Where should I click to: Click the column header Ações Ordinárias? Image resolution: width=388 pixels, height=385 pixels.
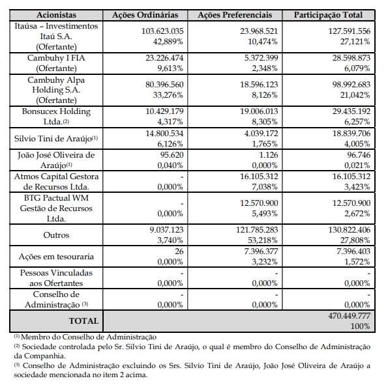[x=145, y=15]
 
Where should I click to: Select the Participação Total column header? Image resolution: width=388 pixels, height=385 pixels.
[x=329, y=15]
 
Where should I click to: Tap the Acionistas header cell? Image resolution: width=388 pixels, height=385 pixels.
[x=56, y=15]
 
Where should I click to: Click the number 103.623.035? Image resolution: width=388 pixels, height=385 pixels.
[x=162, y=31]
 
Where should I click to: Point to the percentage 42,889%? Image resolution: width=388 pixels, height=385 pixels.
[x=168, y=42]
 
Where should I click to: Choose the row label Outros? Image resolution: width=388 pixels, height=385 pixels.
[x=56, y=235]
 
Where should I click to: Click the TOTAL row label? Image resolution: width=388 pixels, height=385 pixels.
[x=83, y=321]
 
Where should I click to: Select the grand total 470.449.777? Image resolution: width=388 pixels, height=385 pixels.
[x=349, y=316]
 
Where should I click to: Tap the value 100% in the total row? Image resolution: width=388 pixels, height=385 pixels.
[x=360, y=326]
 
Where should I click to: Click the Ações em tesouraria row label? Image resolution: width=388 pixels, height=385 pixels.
[x=56, y=257]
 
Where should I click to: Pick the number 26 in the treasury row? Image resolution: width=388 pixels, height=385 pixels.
[x=179, y=251]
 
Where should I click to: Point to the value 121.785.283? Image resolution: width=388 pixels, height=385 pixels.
[x=257, y=230]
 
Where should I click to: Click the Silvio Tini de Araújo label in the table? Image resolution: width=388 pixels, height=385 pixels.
[x=53, y=139]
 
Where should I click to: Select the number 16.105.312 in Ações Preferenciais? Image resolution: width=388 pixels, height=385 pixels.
[x=259, y=177]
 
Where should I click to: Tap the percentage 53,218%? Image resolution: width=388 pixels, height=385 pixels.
[x=263, y=240]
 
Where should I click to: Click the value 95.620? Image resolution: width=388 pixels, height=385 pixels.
[x=172, y=155]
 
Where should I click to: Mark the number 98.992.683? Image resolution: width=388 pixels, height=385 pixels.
[x=351, y=85]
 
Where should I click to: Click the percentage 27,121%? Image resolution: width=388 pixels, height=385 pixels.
[x=355, y=42]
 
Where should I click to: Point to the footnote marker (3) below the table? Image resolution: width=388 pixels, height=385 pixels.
[x=16, y=364]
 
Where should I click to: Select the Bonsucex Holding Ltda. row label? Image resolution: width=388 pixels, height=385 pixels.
[x=56, y=117]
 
